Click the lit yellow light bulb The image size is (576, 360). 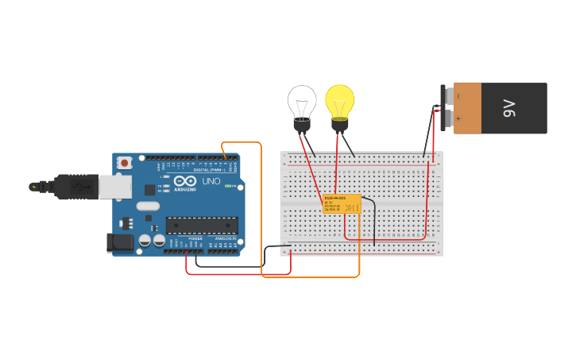pyautogui.click(x=340, y=100)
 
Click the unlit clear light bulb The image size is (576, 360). pyautogui.click(x=302, y=101)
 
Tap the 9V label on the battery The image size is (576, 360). pyautogui.click(x=509, y=108)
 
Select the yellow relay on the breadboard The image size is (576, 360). pyautogui.click(x=342, y=203)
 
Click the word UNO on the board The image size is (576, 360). pyautogui.click(x=211, y=181)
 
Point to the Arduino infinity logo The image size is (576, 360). pyautogui.click(x=185, y=180)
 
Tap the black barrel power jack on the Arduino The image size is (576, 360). pyautogui.click(x=120, y=242)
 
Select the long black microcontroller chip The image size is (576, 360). pyautogui.click(x=202, y=225)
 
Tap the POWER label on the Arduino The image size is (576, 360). pyautogui.click(x=195, y=238)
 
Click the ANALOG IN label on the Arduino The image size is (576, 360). pyautogui.click(x=224, y=238)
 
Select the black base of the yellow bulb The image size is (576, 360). pyautogui.click(x=340, y=125)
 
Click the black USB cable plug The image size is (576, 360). pyautogui.click(x=75, y=187)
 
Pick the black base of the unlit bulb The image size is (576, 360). pyautogui.click(x=302, y=125)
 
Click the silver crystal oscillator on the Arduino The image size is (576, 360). pyautogui.click(x=148, y=207)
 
